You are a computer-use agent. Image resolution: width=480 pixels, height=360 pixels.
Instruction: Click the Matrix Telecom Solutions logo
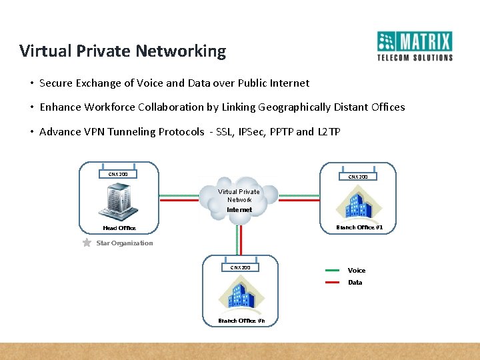pos(415,46)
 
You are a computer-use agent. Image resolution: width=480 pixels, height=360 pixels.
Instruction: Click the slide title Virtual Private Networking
pos(123,51)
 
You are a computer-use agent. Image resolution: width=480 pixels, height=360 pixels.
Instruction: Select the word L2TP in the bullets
pos(329,131)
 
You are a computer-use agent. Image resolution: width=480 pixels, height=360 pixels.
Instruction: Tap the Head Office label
pos(119,228)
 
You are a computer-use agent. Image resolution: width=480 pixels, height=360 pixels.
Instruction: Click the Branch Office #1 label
pos(359,227)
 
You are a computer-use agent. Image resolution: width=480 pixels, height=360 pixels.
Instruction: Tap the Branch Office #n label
pos(241,321)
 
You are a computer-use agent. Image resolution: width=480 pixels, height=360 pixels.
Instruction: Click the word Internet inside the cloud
pos(239,209)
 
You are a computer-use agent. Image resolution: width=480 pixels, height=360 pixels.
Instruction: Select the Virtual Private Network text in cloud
pos(239,195)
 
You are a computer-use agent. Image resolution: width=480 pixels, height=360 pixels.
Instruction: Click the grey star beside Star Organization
pos(87,243)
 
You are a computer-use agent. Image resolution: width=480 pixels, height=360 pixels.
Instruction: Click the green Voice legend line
pos(333,271)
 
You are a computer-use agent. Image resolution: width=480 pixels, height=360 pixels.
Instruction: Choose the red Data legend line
pos(333,283)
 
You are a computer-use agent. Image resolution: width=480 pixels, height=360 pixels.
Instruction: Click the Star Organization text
pos(125,243)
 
